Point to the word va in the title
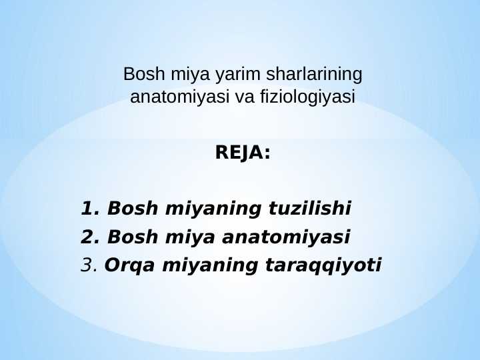click(246, 97)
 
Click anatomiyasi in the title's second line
click(181, 97)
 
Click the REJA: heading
click(243, 153)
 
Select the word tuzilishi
click(309, 209)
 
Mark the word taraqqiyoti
click(324, 266)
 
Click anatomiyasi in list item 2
click(285, 237)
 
